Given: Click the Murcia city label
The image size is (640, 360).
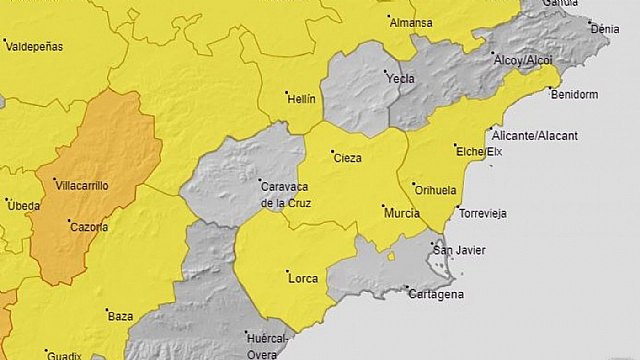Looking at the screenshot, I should click(400, 213).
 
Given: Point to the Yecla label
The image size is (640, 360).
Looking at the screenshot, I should click(401, 78).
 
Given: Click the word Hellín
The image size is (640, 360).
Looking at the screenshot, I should click(302, 99).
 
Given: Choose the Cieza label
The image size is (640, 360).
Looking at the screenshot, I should click(347, 159).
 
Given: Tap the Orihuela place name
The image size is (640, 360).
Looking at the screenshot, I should click(438, 190).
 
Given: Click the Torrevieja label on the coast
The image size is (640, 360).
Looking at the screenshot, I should click(482, 213).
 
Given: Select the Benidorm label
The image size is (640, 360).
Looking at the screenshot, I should click(573, 95).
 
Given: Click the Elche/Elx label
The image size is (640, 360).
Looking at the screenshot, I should click(478, 152).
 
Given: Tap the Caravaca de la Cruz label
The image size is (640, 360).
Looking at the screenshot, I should click(286, 194).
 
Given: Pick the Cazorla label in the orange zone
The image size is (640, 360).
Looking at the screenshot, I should click(89, 227).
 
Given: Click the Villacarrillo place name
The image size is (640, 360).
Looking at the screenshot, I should click(82, 186).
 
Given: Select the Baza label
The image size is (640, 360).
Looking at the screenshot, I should click(120, 316).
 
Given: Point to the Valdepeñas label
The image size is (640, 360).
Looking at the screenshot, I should click(35, 47).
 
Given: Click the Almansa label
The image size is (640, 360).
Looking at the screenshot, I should click(411, 22).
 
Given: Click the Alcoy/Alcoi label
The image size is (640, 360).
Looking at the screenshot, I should click(523, 61).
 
